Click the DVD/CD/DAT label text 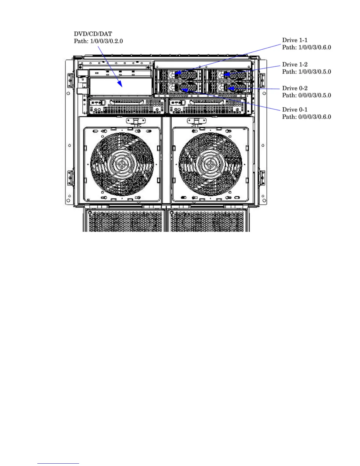point(93,34)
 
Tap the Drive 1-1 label point(295,40)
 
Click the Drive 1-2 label point(295,64)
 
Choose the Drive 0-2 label point(295,88)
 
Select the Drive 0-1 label point(295,110)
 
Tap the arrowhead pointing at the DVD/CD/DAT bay point(120,84)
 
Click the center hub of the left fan point(122,164)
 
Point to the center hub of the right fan point(210,164)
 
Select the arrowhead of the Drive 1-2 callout point(226,74)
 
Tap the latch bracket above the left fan point(135,121)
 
